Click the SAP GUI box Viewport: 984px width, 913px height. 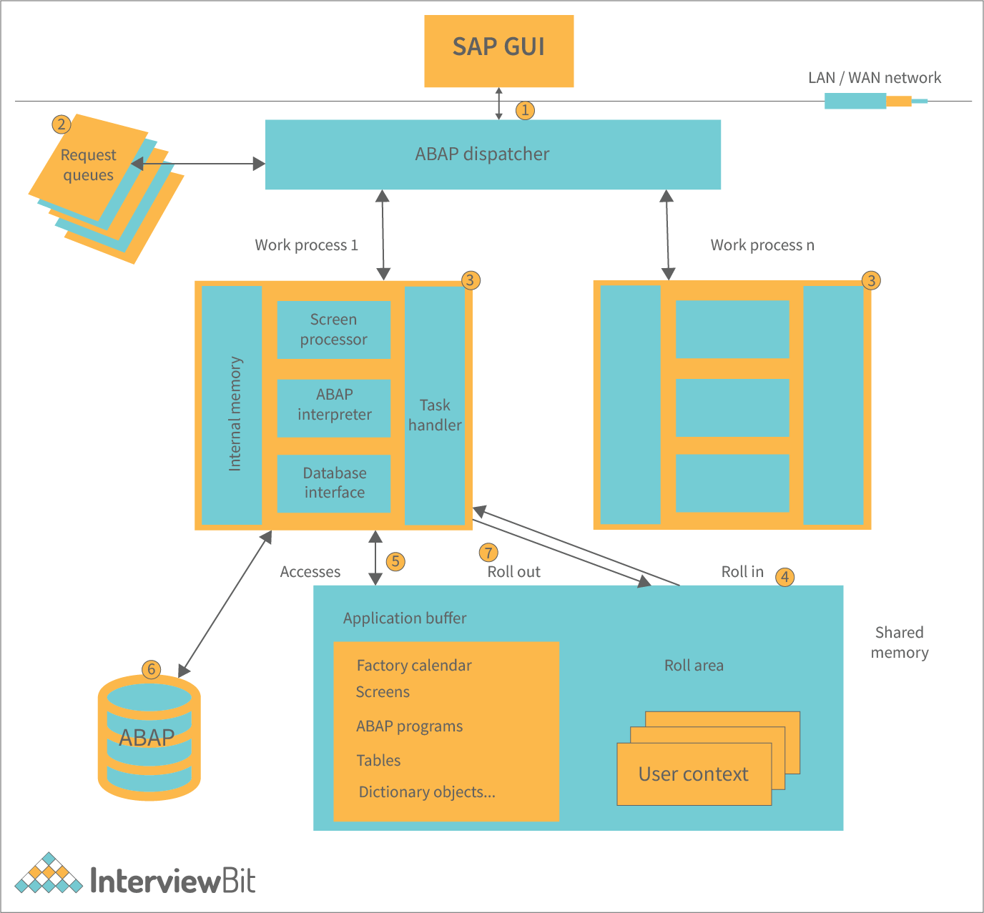pos(498,51)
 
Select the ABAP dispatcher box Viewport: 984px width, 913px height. pos(492,154)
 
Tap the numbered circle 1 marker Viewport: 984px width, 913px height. pos(525,110)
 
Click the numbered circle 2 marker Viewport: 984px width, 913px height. pos(62,124)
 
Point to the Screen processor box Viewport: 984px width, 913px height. pos(333,330)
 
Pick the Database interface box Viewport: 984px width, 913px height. pos(333,483)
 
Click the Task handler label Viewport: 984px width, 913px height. pos(435,415)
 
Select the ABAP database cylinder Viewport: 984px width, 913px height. pos(149,738)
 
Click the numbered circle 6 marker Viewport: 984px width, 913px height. pos(151,669)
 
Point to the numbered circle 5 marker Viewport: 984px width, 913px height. pos(395,561)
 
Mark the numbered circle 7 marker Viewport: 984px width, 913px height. pos(488,552)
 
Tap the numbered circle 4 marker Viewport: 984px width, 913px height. pos(784,576)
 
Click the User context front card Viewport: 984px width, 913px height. pos(694,774)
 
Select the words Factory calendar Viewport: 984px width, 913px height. pos(414,666)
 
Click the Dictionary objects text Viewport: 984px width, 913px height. pos(427,792)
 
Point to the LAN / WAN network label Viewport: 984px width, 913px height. pos(874,78)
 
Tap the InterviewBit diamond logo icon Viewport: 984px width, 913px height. pos(49,874)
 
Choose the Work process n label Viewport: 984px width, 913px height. pos(762,245)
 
